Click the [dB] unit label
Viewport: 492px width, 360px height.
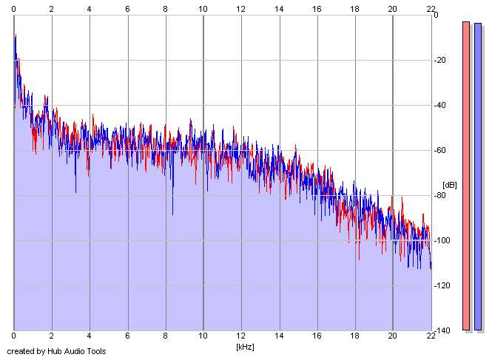click(450, 184)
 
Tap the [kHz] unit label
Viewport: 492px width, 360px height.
click(245, 346)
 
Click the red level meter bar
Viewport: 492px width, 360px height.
click(466, 175)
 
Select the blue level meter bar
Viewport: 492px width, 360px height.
click(478, 175)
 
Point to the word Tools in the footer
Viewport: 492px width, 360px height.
click(95, 351)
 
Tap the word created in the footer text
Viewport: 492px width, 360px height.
click(20, 351)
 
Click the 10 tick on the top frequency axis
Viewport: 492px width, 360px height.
click(203, 8)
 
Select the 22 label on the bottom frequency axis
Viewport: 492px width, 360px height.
click(431, 336)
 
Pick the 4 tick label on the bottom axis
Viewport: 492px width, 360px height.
click(90, 336)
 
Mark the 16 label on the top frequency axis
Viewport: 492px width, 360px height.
click(317, 8)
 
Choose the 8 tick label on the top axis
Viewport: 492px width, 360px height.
click(165, 8)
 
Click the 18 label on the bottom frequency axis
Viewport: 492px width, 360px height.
click(354, 336)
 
